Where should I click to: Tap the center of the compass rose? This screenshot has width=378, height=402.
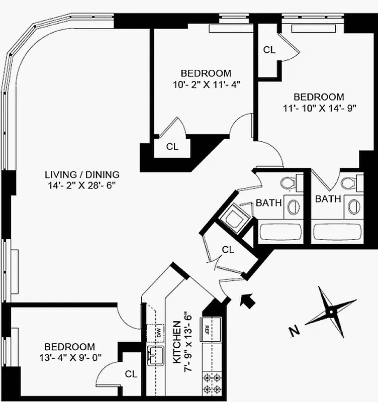[x=331, y=312]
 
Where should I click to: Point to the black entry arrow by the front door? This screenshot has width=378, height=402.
[x=248, y=300]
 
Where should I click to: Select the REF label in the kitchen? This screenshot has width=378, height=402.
[x=207, y=330]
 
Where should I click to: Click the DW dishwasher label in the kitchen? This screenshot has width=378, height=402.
[x=157, y=331]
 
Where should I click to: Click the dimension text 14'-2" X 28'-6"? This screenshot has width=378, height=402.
[x=82, y=185]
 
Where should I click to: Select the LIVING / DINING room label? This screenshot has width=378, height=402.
[x=82, y=175]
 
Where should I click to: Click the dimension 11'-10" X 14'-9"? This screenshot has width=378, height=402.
[x=319, y=108]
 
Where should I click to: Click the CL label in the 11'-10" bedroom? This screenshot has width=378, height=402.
[x=269, y=50]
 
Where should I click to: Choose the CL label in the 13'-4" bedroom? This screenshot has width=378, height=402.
[x=131, y=374]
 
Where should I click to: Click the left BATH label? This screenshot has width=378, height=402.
[x=268, y=203]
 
